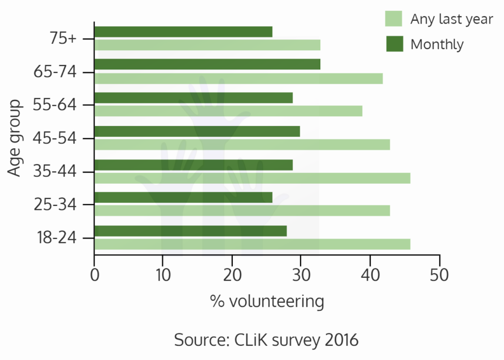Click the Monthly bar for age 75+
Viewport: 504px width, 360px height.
[184, 32]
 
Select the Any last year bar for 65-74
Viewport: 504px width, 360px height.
[239, 78]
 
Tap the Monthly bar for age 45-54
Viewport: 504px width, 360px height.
[197, 131]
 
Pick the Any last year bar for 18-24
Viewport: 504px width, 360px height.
[252, 244]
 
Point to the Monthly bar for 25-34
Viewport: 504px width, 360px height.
[184, 197]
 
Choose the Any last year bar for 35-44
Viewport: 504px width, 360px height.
[252, 178]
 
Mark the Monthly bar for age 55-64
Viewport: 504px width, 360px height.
[194, 98]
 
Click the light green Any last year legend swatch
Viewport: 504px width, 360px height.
[393, 19]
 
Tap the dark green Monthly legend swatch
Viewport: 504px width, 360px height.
[395, 44]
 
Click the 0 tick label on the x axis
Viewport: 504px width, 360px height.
[94, 275]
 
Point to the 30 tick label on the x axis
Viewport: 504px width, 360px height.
[301, 275]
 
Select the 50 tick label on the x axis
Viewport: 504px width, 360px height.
[440, 275]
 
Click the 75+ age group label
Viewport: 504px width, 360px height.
[63, 38]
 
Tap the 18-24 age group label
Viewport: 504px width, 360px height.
[57, 238]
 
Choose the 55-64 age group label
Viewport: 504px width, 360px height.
[55, 104]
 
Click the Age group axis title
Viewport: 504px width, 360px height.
[15, 138]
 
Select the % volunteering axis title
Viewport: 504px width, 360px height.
[267, 302]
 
